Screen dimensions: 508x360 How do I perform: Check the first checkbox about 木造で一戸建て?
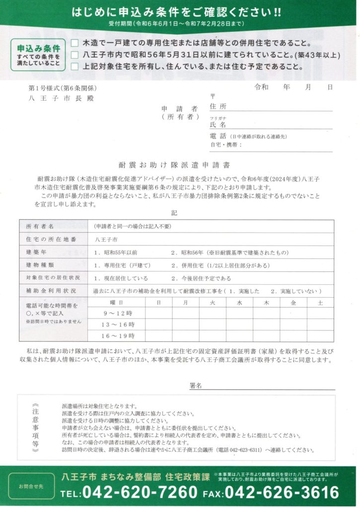[x=75, y=43]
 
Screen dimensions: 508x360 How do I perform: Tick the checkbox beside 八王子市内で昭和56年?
[x=75, y=55]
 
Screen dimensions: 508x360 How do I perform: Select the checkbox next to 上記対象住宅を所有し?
[x=75, y=66]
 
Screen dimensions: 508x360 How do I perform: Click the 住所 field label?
[x=218, y=107]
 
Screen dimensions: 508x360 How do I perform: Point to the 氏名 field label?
[x=218, y=125]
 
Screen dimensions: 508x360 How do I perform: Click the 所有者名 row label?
[x=40, y=226]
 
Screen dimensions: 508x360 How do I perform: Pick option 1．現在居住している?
[x=121, y=278]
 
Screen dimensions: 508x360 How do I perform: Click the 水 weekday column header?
[x=239, y=302]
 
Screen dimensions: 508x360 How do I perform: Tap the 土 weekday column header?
[x=320, y=302]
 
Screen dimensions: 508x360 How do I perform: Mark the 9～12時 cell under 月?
[x=185, y=313]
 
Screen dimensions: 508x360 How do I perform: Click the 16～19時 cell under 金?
[x=293, y=336]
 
